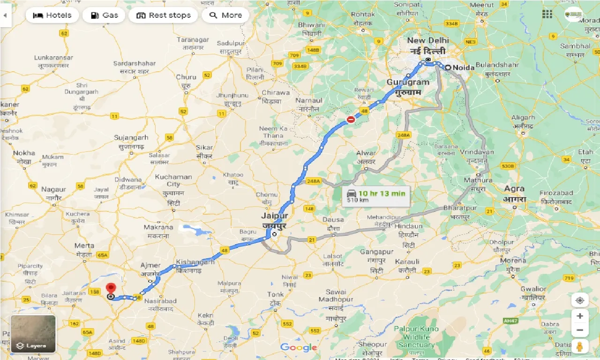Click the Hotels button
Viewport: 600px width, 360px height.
point(52,15)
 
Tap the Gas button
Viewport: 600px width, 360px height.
point(104,15)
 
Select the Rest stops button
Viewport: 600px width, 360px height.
point(163,15)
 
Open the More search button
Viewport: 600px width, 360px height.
point(225,15)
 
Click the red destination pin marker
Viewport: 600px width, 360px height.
point(111,288)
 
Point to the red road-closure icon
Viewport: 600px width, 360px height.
point(351,120)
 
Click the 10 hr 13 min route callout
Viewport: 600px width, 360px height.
point(376,196)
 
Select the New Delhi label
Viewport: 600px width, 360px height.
point(427,45)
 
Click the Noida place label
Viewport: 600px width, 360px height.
point(463,67)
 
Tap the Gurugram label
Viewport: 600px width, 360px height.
point(407,87)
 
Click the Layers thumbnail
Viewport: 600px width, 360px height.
point(33,334)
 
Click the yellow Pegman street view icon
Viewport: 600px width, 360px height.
point(580,346)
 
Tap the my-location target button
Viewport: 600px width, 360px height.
point(580,300)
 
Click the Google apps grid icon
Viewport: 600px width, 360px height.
point(547,14)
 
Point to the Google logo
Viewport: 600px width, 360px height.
point(299,347)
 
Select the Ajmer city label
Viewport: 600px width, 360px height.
point(150,269)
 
